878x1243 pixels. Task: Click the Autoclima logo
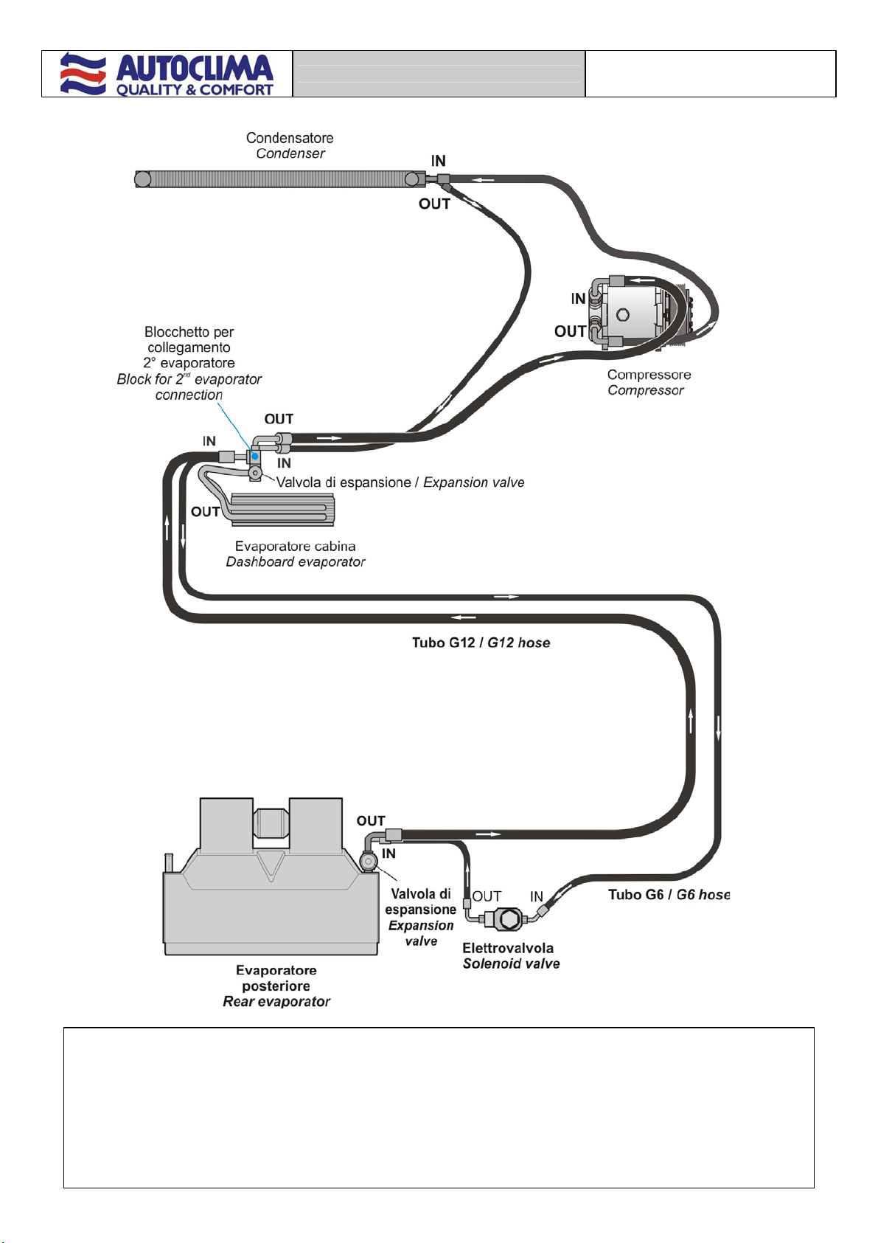(167, 74)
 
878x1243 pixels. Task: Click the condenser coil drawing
(281, 179)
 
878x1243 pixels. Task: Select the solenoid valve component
(508, 919)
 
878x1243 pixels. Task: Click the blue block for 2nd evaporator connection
(254, 457)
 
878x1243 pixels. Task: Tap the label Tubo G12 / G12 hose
(481, 643)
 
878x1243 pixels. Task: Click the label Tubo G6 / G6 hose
(669, 895)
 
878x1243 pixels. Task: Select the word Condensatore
(290, 138)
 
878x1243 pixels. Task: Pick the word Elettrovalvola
(508, 948)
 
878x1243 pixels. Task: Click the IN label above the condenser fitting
(438, 160)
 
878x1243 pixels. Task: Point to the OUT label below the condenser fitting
(434, 204)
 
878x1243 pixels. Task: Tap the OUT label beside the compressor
(570, 331)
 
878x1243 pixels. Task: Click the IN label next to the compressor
(579, 299)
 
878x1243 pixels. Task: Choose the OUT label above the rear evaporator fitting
(371, 821)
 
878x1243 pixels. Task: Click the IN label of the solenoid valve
(537, 896)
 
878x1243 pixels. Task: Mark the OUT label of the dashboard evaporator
(205, 511)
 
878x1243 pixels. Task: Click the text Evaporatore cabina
(295, 546)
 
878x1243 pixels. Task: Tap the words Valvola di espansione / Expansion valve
(400, 482)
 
